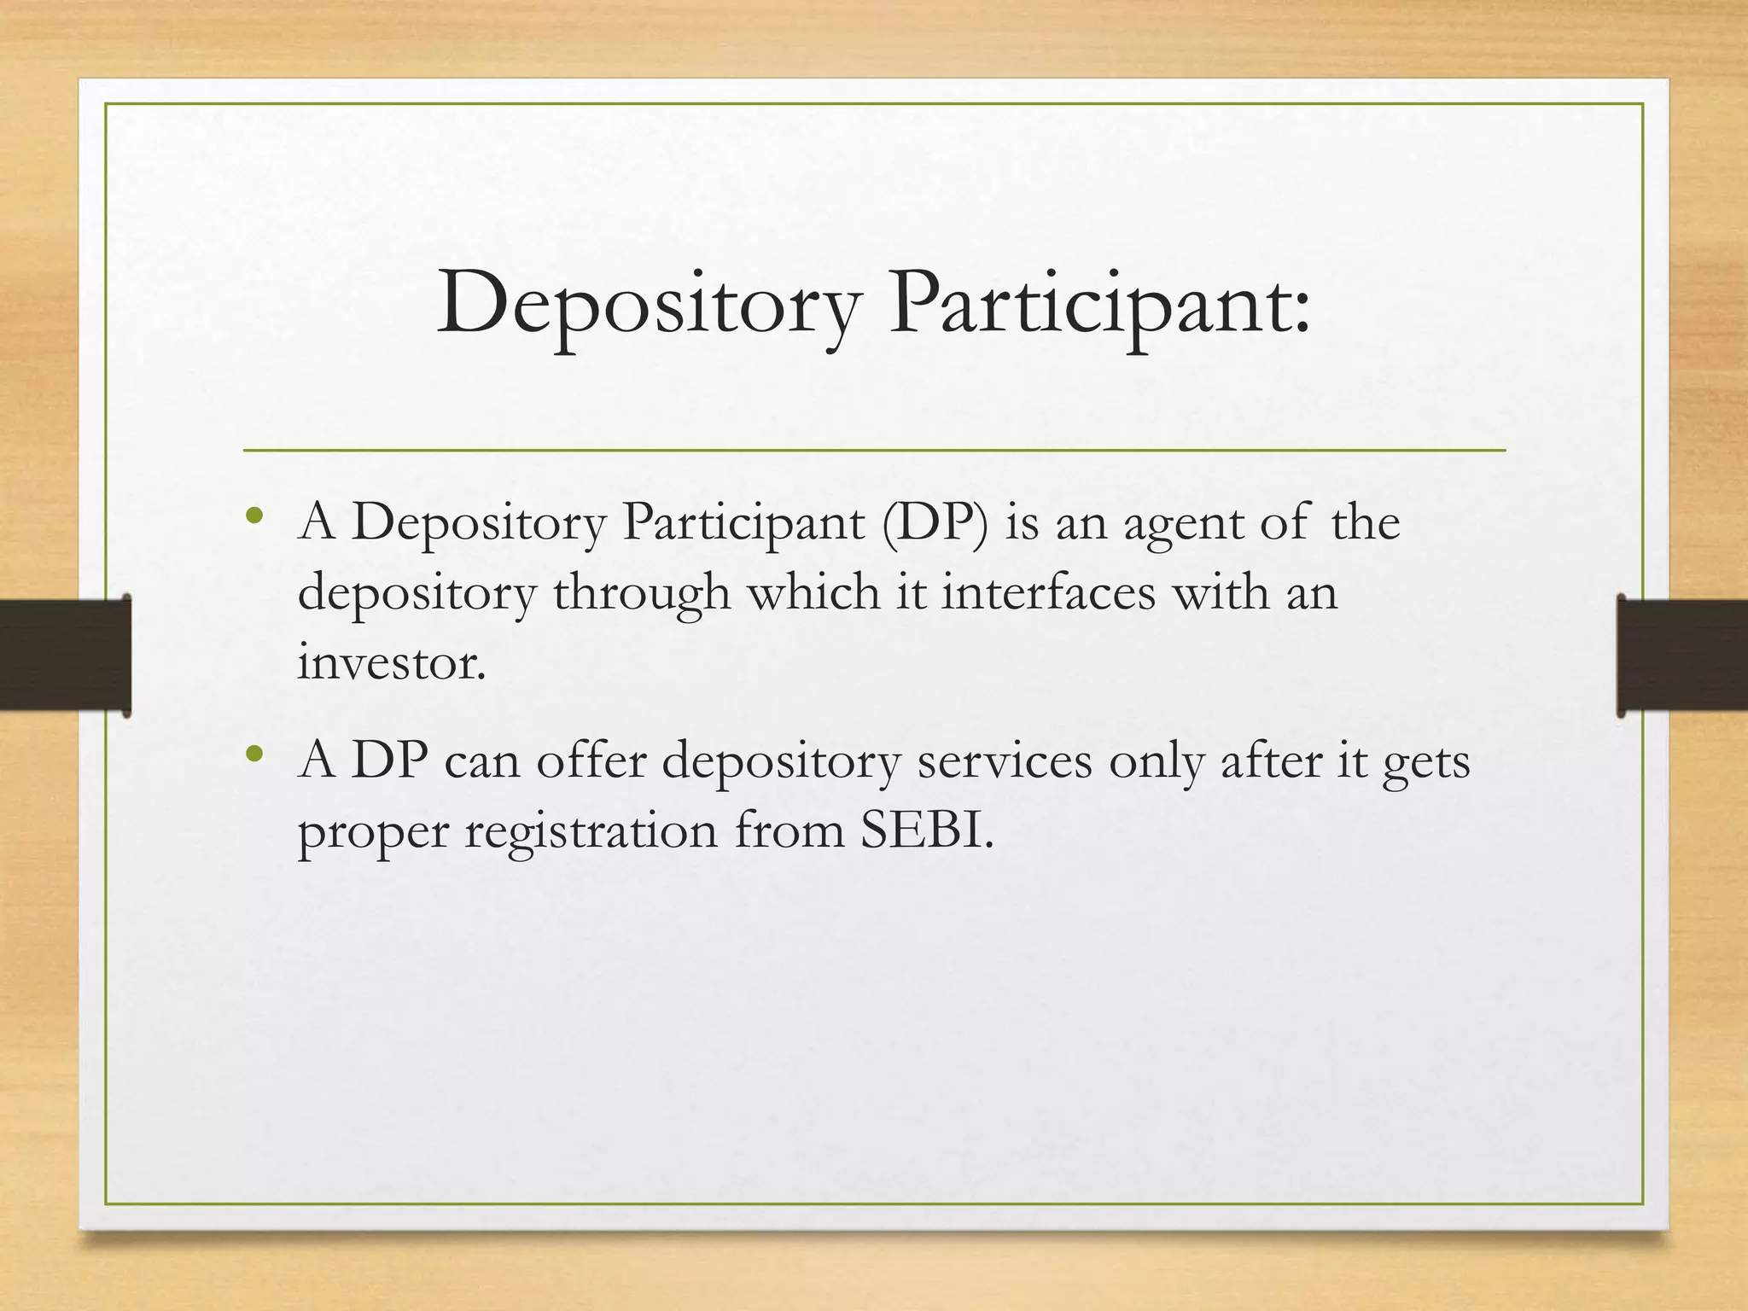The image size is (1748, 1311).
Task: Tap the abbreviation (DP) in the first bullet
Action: pos(935,521)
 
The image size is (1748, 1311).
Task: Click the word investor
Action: pos(391,661)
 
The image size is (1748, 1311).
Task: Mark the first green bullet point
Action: pos(253,516)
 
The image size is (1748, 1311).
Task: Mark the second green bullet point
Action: pos(253,755)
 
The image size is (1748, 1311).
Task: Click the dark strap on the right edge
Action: pos(1681,655)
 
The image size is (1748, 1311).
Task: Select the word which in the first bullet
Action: pos(814,591)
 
